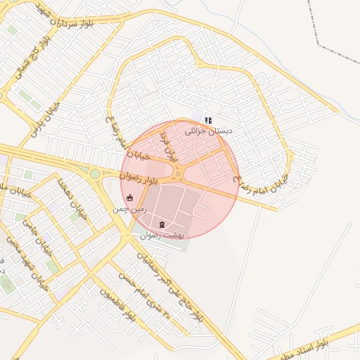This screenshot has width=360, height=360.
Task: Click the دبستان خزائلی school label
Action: coord(208,131)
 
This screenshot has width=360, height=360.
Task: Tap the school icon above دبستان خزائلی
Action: coord(207,120)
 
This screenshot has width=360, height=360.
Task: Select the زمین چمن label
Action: coord(130,210)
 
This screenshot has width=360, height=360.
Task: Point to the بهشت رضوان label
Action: coord(162,236)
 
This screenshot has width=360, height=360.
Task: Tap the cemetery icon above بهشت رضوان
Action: coord(162,224)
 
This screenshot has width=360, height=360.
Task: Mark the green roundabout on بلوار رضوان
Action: coord(95,173)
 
